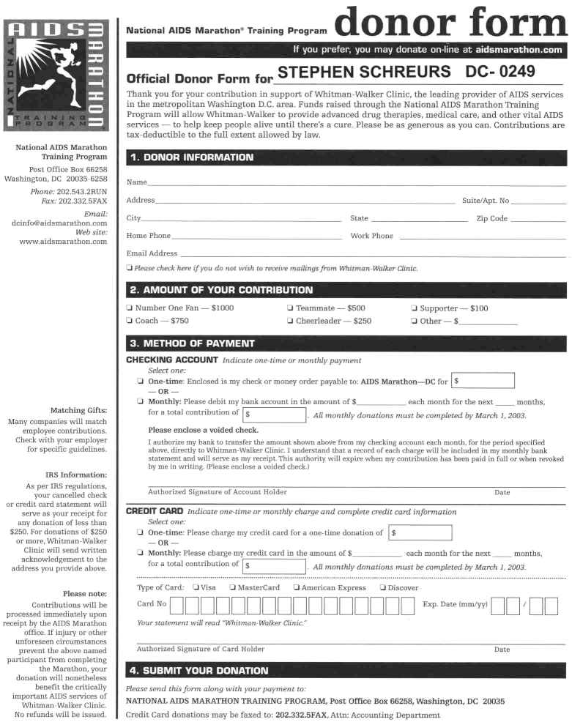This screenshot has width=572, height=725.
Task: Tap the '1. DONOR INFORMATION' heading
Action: click(192, 157)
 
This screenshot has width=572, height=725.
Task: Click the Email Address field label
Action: click(152, 253)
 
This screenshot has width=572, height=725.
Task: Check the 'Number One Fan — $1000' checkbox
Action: click(130, 308)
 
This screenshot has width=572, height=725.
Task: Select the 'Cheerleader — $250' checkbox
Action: click(291, 321)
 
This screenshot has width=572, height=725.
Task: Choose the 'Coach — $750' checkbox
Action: click(130, 321)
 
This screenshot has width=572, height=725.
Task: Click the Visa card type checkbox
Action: click(196, 587)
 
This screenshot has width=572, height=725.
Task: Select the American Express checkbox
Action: click(296, 587)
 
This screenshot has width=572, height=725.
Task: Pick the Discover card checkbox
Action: click(382, 587)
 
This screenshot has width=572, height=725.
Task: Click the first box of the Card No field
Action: click(189, 606)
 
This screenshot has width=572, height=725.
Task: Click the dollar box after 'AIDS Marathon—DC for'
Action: click(482, 381)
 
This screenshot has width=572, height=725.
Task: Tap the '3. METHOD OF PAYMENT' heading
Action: click(192, 343)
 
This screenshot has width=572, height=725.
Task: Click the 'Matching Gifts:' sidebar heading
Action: click(78, 410)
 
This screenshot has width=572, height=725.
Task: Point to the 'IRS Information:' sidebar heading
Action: click(75, 475)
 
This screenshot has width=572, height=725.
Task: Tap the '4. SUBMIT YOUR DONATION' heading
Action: click(198, 670)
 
